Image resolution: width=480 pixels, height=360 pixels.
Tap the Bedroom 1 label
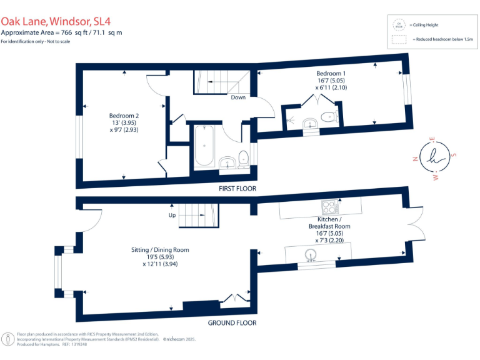[331, 74]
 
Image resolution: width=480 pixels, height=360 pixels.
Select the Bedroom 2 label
[124, 116]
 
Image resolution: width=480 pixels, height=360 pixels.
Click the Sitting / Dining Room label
[160, 249]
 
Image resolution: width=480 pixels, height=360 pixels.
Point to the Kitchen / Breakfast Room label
[329, 222]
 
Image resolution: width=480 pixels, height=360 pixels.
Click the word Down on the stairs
[237, 97]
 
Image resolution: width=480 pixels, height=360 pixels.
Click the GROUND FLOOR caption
[232, 323]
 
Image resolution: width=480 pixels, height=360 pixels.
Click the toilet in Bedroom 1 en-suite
[327, 116]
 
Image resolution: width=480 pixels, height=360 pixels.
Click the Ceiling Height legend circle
[397, 25]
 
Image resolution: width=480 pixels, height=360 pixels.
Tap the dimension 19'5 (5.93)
[160, 257]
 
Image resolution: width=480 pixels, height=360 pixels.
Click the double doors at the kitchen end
[413, 222]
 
